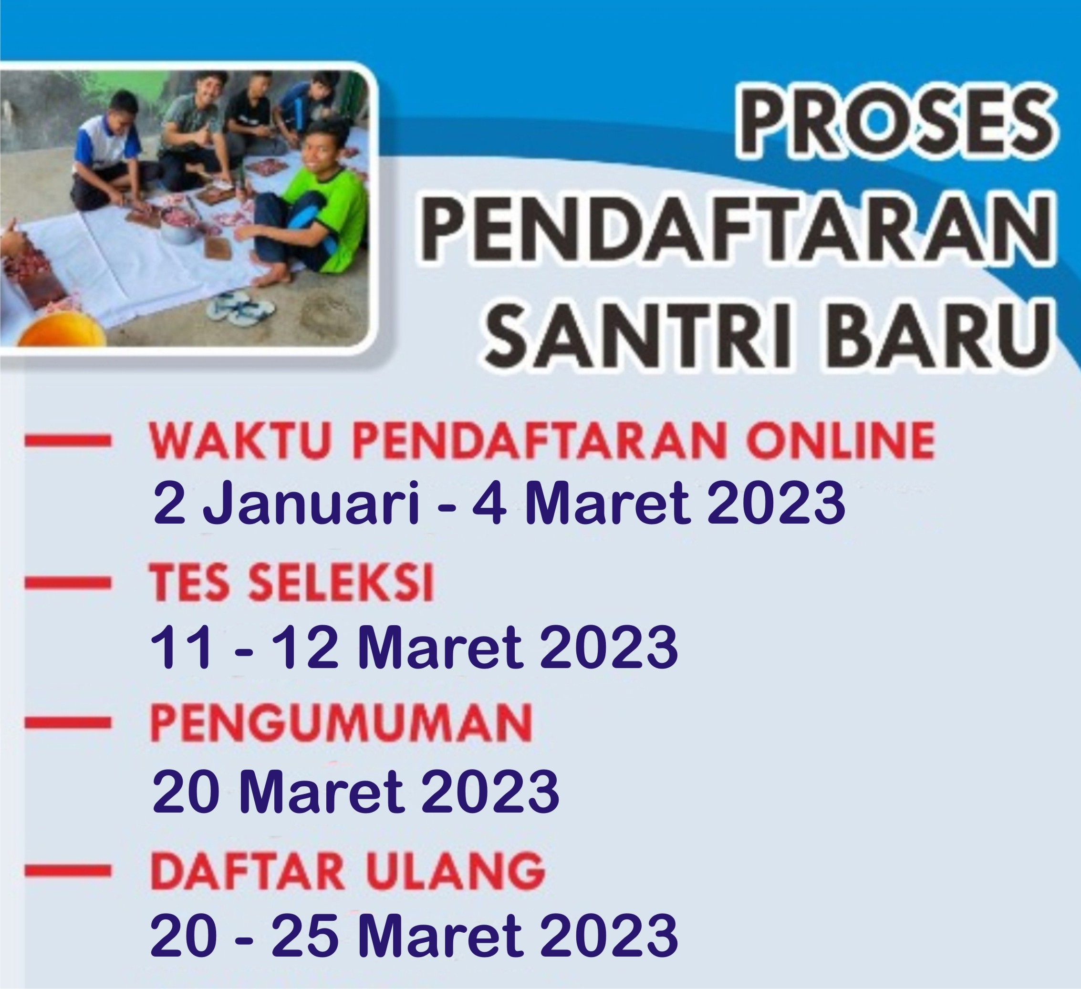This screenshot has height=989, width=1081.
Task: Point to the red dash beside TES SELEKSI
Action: click(x=68, y=583)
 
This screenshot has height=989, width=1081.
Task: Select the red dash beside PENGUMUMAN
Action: click(x=68, y=723)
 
